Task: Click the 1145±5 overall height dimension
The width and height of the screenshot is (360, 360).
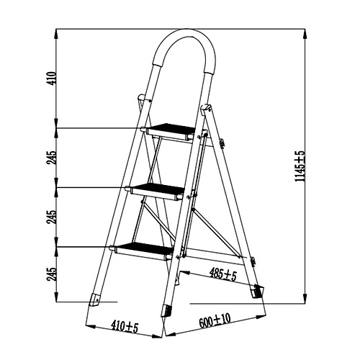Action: pyautogui.click(x=300, y=166)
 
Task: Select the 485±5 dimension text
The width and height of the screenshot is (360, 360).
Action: pyautogui.click(x=223, y=274)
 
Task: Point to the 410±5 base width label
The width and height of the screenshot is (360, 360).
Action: pyautogui.click(x=125, y=327)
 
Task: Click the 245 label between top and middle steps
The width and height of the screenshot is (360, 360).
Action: pyautogui.click(x=51, y=158)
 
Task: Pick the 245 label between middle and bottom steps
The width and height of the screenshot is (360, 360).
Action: pyautogui.click(x=51, y=217)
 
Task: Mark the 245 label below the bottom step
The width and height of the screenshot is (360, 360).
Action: pyautogui.click(x=51, y=274)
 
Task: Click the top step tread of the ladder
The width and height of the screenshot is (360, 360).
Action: pyautogui.click(x=171, y=131)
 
